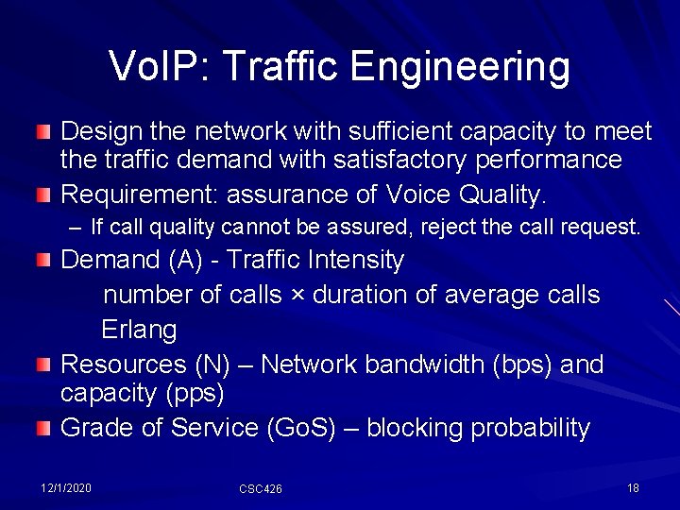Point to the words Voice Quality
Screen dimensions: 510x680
point(466,195)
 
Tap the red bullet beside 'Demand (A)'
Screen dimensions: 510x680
point(43,260)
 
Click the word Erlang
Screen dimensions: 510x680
point(139,331)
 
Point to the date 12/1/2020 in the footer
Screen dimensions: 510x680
point(66,487)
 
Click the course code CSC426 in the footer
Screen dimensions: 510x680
point(261,488)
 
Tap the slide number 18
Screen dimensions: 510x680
point(633,487)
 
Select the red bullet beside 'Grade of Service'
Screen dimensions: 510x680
point(43,429)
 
